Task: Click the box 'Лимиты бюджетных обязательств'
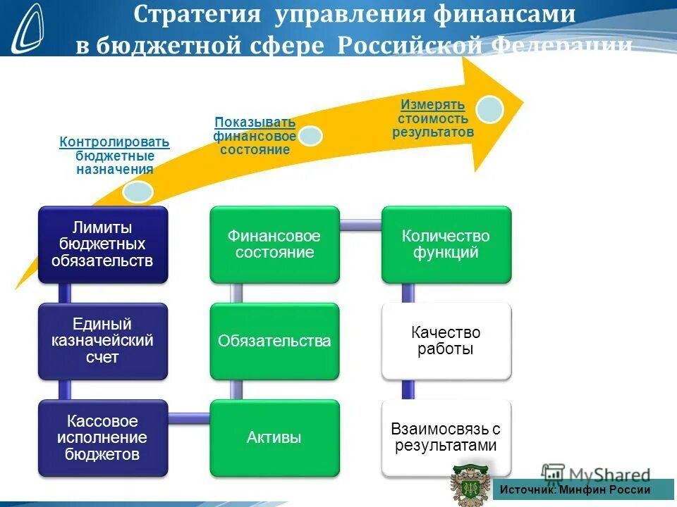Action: click(103, 244)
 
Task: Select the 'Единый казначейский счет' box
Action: click(103, 341)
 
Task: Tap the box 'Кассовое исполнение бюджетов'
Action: click(103, 437)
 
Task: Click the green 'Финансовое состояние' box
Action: click(274, 244)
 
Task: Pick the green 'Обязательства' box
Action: click(274, 341)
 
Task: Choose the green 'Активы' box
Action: click(274, 437)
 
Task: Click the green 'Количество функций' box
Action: click(446, 244)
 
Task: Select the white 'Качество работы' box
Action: click(446, 341)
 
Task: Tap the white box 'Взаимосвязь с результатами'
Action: click(446, 437)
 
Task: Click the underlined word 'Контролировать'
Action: click(114, 142)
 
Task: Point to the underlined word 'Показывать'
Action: click(255, 122)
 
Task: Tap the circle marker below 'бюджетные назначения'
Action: click(137, 191)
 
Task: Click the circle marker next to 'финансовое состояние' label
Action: click(310, 135)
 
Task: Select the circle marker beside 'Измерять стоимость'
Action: click(489, 109)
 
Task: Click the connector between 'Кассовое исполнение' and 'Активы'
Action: click(189, 417)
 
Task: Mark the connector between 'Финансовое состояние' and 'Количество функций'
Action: click(360, 225)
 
